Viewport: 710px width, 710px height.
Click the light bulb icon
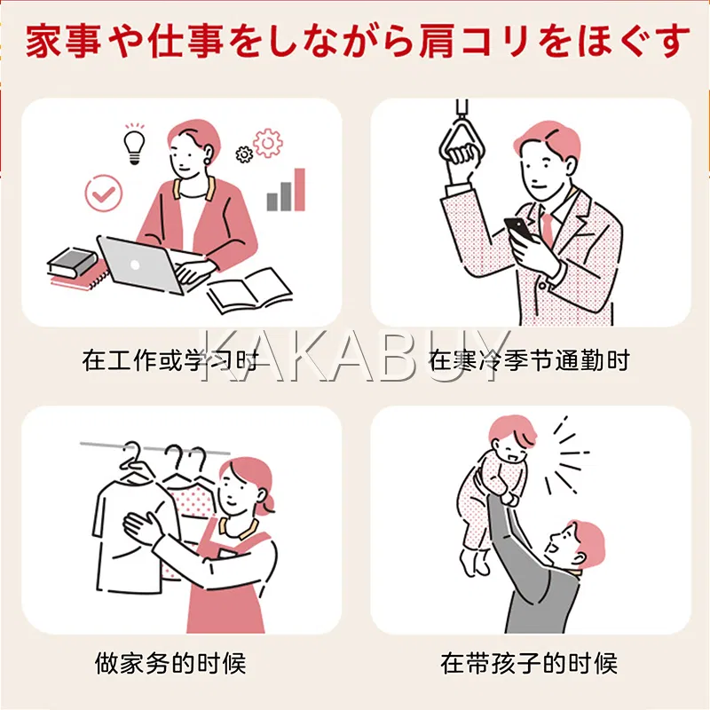point(135,144)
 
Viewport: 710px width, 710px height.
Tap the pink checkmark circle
point(104,193)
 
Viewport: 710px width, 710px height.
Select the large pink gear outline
point(268,143)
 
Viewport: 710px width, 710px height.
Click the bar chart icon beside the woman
point(286,190)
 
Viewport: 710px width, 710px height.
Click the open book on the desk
point(249,291)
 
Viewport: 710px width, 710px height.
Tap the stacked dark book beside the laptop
point(73,262)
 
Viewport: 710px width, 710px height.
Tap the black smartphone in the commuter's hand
point(519,230)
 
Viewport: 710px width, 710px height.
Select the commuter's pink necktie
point(548,230)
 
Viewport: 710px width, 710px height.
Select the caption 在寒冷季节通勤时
point(529,360)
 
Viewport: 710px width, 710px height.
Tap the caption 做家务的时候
point(170,663)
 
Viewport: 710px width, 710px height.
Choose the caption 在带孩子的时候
point(529,663)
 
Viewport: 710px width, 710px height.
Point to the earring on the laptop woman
point(208,161)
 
